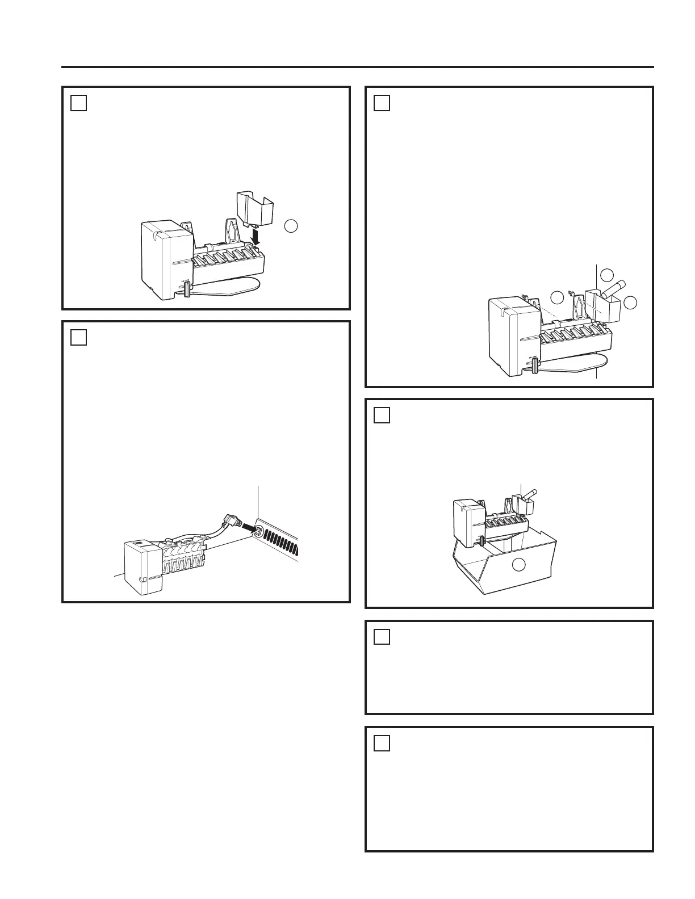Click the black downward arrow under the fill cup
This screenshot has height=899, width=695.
tap(257, 236)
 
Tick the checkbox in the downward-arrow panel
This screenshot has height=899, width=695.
tap(79, 103)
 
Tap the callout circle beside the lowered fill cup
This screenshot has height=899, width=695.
tap(290, 225)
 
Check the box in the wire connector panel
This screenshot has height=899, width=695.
tap(79, 337)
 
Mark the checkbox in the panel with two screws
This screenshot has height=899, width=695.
tap(382, 103)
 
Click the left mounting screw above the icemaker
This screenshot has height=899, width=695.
tap(525, 297)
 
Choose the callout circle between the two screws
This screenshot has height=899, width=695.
tap(557, 296)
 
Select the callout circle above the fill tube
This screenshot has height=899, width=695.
tap(607, 275)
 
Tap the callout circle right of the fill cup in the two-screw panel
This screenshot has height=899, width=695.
tap(630, 303)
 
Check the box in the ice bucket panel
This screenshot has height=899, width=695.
tap(382, 415)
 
